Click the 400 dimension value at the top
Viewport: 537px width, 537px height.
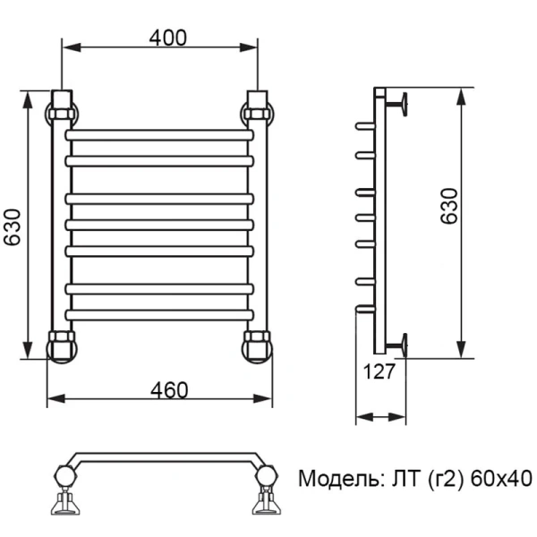click(x=167, y=38)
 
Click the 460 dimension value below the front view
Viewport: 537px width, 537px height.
click(x=168, y=390)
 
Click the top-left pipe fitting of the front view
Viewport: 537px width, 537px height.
click(x=62, y=112)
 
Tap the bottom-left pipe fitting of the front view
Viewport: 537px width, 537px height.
click(x=62, y=345)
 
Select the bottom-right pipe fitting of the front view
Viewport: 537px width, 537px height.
click(x=258, y=345)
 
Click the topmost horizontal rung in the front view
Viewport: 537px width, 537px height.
click(x=160, y=135)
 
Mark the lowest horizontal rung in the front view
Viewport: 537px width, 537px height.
click(x=160, y=315)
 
